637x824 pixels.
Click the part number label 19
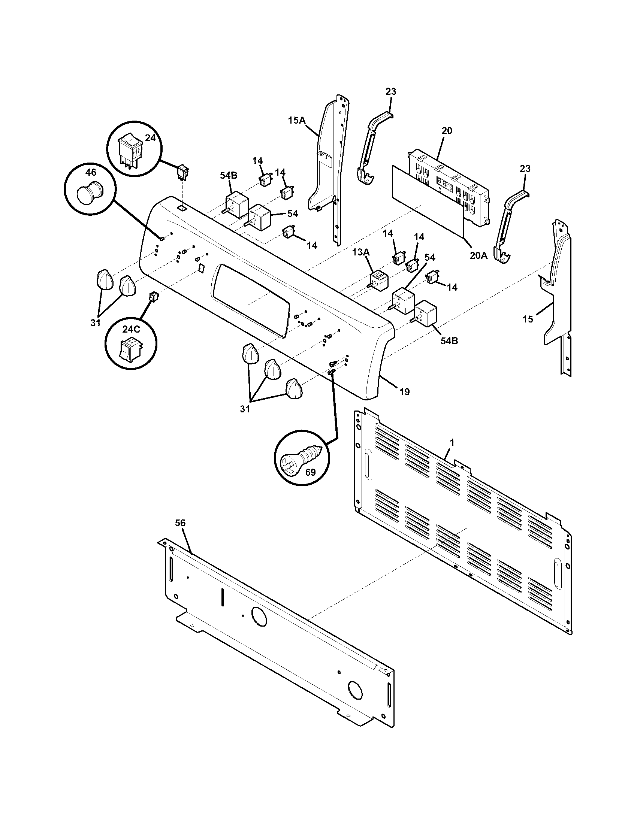pos(404,392)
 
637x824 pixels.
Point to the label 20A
pos(478,255)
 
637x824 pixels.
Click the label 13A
pos(361,252)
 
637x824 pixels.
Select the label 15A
pos(297,120)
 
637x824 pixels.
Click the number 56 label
pos(180,522)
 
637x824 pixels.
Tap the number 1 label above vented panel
pos(452,442)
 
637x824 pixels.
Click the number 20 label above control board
pos(446,131)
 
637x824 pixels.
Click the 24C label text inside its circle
pos(131,329)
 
